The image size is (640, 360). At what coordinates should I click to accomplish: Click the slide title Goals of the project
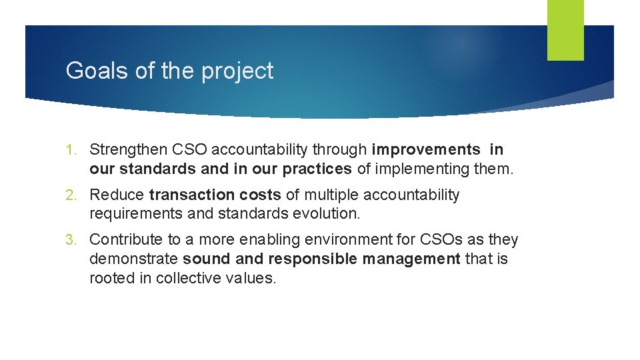pos(169,71)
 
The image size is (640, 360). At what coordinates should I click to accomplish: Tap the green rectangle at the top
pos(565,29)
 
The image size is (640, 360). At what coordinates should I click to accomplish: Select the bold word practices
pos(318,169)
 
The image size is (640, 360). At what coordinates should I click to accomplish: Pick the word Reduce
pos(116,195)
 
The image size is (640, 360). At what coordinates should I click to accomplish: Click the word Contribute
pos(126,240)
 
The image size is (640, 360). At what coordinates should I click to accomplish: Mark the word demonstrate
pos(133,259)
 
